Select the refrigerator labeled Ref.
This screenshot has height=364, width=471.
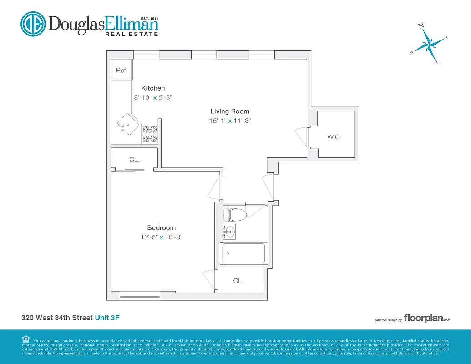[x=122, y=71]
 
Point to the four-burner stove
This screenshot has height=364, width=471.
[x=150, y=134]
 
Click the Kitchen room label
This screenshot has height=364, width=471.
[x=153, y=88]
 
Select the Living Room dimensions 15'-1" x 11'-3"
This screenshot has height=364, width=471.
[x=229, y=121]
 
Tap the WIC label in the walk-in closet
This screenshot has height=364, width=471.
[x=333, y=137]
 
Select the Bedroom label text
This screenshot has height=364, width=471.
[x=161, y=228]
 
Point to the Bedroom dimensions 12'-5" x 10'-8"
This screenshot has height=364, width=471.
[x=161, y=237]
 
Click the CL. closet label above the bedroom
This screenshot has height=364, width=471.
[x=134, y=160]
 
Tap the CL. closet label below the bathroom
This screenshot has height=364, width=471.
[x=238, y=281]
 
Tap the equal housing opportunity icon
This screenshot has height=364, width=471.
[x=25, y=339]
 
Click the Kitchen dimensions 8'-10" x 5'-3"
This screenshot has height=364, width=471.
[x=153, y=97]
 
